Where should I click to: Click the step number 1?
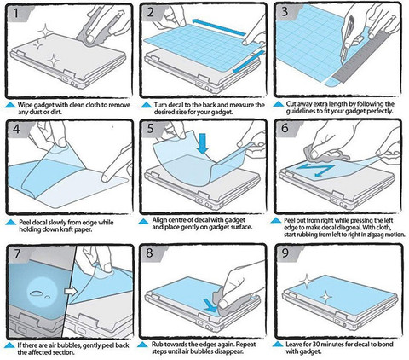16,13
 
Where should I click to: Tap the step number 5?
150,128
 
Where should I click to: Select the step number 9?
285,253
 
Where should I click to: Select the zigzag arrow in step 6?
315,170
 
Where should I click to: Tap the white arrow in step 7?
71,291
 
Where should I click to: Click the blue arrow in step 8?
210,305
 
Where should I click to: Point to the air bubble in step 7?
38,293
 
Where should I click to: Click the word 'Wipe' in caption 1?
25,105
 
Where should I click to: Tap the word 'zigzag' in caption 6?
374,235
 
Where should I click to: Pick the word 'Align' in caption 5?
160,220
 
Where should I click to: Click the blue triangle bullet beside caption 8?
142,345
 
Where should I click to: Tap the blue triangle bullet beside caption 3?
279,104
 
